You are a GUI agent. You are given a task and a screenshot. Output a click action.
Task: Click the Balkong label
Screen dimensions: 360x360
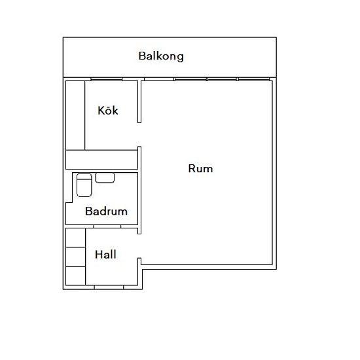tap(161, 56)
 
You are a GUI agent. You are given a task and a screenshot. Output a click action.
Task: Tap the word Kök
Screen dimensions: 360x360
tap(108, 110)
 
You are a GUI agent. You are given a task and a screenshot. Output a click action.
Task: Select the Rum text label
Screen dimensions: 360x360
tap(200, 168)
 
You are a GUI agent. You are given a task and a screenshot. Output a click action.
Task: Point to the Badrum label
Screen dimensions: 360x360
tap(106, 211)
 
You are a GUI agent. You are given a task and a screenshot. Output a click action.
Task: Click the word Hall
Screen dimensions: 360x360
tap(105, 255)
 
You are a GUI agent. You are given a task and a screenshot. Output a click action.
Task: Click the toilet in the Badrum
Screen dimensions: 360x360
tap(84, 185)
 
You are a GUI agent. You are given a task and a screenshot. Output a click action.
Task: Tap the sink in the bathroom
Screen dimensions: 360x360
tap(105, 177)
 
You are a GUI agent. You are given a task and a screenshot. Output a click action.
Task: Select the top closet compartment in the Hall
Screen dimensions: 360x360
tap(75, 238)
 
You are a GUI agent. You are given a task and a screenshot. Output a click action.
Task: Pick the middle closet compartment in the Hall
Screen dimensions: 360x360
tap(75, 257)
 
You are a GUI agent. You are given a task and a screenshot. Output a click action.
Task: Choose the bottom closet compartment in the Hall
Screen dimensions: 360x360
tap(75, 276)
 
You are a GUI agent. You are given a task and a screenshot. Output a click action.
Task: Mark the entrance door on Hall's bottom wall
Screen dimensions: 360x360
tap(109, 287)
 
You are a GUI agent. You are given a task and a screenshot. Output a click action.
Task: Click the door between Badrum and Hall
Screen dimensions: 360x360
tap(107, 226)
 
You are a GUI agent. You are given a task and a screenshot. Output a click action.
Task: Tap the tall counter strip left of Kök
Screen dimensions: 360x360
tap(75, 115)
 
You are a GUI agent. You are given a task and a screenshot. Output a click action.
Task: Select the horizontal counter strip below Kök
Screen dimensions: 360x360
tap(101, 160)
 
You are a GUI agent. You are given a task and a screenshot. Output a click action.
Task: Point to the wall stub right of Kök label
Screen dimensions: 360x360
tap(139, 101)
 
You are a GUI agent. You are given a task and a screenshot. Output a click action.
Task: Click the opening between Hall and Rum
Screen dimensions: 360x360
tap(139, 246)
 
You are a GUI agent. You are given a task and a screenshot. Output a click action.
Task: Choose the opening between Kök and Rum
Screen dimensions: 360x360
tap(139, 135)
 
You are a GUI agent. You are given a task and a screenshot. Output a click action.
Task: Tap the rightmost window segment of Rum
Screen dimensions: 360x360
tap(254, 79)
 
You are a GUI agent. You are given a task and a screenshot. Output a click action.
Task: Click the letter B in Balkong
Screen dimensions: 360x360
tap(142, 56)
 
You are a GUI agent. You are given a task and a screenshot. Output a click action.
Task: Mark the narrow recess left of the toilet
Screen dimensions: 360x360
tap(69, 188)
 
